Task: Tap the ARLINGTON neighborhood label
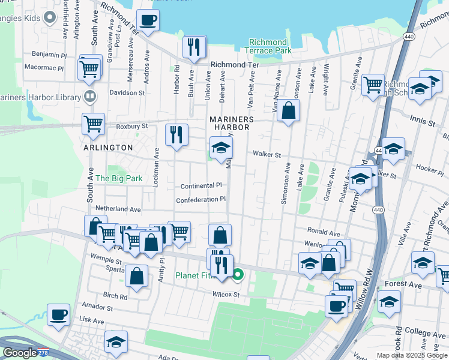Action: tap(108, 148)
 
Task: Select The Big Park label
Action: tap(119, 178)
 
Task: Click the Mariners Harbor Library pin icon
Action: tap(89, 96)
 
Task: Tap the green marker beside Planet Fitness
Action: tap(238, 275)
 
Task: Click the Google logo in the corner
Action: tap(20, 353)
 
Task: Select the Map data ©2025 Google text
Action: tap(412, 355)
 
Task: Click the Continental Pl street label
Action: tap(201, 186)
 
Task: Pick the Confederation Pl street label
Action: tap(200, 199)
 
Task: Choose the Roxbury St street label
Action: tap(132, 127)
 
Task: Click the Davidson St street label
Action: tap(127, 93)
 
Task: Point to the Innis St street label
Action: tap(423, 122)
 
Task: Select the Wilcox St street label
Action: tap(226, 295)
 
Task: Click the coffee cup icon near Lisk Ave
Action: tap(58, 314)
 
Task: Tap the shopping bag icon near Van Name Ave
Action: tap(288, 110)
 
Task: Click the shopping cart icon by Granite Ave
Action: tap(373, 83)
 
